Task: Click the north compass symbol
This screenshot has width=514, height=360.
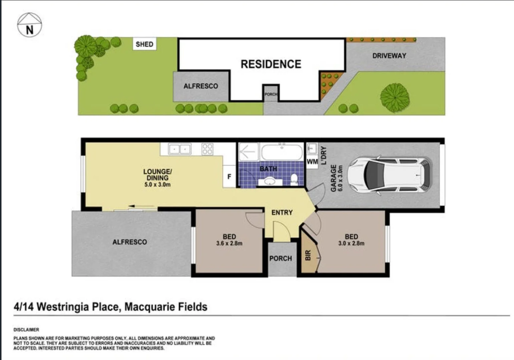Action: tap(29, 25)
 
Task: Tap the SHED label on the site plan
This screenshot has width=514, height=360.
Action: tap(144, 44)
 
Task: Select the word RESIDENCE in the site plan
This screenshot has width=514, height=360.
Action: tap(271, 64)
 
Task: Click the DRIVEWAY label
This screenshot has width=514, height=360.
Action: tap(389, 56)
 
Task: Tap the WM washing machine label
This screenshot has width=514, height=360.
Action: tap(312, 162)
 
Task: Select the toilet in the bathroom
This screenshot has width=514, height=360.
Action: tap(294, 179)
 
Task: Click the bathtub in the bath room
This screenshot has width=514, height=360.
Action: tap(282, 152)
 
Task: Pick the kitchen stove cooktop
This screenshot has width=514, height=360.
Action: tap(207, 149)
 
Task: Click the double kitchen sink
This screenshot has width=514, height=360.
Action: tap(180, 149)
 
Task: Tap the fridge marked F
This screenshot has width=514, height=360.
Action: tap(229, 176)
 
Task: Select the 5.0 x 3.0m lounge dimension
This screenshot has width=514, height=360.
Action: tap(157, 184)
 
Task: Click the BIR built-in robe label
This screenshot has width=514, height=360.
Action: tap(308, 255)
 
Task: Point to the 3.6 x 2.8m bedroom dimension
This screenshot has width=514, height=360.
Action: tap(229, 243)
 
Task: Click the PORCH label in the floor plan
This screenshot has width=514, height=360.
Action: tap(281, 258)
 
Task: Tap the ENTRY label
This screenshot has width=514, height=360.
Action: tap(282, 212)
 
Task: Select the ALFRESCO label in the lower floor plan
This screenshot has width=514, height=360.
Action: tap(129, 242)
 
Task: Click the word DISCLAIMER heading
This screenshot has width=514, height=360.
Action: tap(26, 330)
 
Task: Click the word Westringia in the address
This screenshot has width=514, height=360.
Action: tap(78, 307)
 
